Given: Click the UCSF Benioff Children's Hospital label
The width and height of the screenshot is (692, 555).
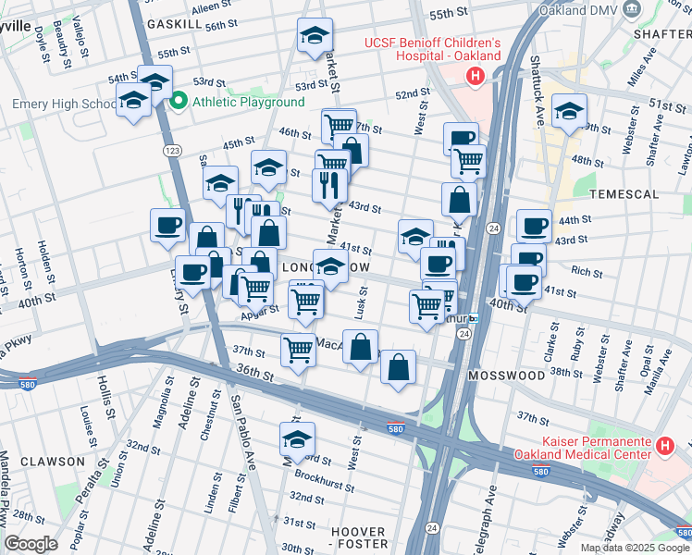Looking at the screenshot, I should pyautogui.click(x=431, y=49).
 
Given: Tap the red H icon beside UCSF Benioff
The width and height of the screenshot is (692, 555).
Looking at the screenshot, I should pyautogui.click(x=476, y=76).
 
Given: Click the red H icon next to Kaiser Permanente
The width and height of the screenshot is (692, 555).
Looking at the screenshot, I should pyautogui.click(x=663, y=448).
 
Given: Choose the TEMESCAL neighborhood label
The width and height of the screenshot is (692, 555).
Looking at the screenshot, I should pyautogui.click(x=628, y=194).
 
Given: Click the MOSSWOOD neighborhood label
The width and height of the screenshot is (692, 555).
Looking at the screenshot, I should pyautogui.click(x=506, y=376).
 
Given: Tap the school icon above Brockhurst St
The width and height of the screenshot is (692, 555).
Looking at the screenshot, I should pyautogui.click(x=297, y=438).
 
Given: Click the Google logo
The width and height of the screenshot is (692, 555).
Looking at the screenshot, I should pyautogui.click(x=31, y=544).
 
